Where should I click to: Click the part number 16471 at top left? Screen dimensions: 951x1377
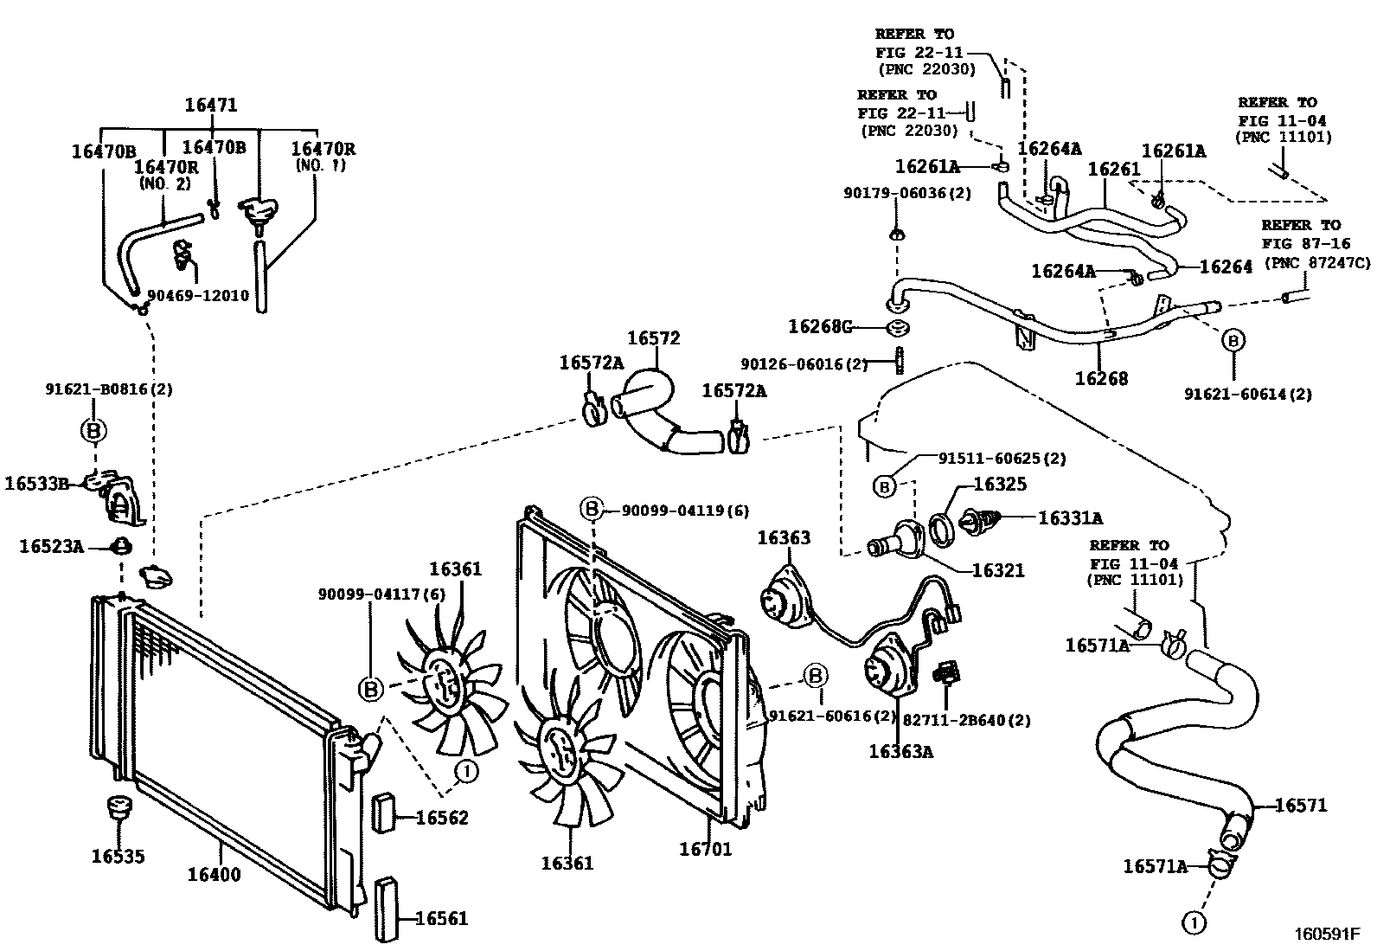click(210, 106)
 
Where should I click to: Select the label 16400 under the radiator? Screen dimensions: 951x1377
click(214, 875)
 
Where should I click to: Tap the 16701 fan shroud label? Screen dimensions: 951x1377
click(705, 849)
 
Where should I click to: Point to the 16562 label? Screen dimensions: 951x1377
click(442, 818)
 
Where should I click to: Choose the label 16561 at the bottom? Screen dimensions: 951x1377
click(441, 918)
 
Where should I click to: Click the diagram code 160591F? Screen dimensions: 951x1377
click(1327, 935)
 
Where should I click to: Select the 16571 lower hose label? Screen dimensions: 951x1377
click(1300, 806)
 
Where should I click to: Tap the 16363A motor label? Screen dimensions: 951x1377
click(900, 751)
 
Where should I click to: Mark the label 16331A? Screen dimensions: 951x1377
click(1070, 518)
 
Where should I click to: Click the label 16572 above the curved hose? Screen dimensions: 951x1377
click(653, 338)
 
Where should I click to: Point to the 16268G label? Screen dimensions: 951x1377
click(820, 326)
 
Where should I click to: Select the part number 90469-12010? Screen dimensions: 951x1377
click(198, 296)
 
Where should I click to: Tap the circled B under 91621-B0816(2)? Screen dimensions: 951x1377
click(93, 430)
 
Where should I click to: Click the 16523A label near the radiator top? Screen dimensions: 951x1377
click(52, 546)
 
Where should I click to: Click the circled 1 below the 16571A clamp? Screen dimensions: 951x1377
click(1194, 924)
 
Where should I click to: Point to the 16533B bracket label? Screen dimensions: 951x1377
click(36, 483)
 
